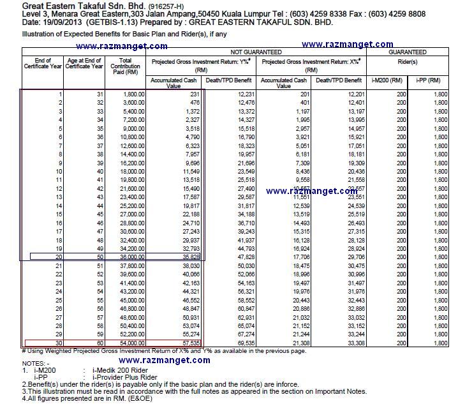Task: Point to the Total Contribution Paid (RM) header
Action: click(125, 66)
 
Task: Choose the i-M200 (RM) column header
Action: click(387, 80)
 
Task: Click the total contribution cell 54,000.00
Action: click(129, 343)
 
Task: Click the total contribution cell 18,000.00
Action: click(129, 172)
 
